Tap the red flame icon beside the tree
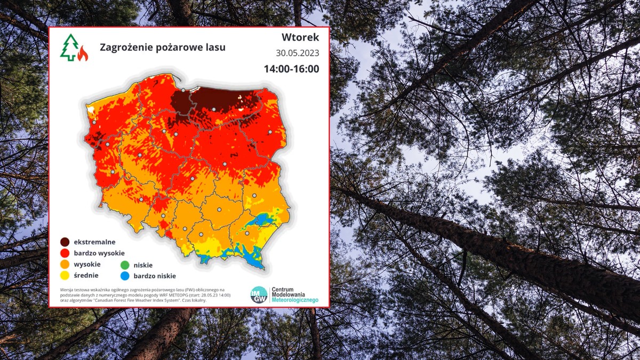click(82, 53)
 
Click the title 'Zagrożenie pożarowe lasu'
click(163, 47)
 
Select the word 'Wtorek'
click(300, 37)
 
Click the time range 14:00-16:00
click(291, 69)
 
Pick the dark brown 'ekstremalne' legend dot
click(65, 242)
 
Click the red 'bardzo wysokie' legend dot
click(65, 253)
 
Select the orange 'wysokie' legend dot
click(65, 265)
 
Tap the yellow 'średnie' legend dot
click(65, 276)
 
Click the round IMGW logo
click(259, 295)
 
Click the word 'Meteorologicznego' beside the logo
click(295, 301)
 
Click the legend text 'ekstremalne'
click(95, 242)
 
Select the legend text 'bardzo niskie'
click(154, 276)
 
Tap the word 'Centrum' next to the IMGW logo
click(283, 289)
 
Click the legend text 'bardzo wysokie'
click(100, 253)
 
